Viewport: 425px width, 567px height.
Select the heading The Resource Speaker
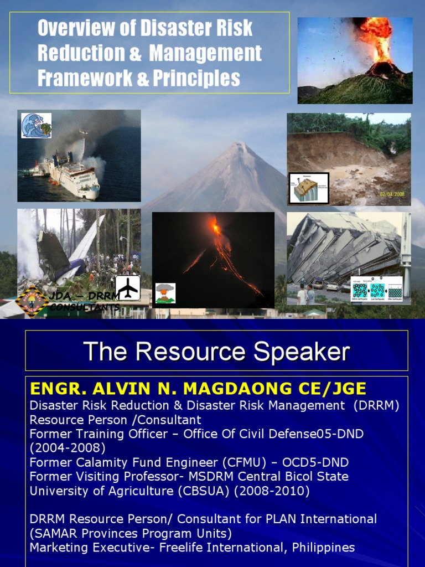point(216,352)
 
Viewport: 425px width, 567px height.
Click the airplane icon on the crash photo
point(128,288)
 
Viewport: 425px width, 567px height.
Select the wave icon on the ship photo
point(36,126)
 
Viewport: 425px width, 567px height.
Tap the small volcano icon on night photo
point(165,293)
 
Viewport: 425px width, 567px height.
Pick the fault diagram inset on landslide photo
point(309,188)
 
